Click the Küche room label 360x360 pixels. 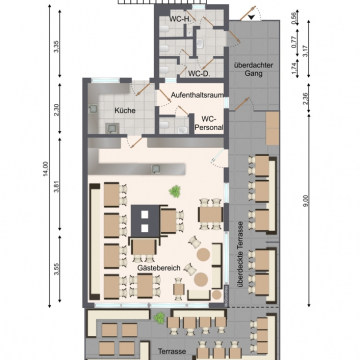click(x=125, y=111)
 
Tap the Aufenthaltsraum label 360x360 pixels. click(x=197, y=95)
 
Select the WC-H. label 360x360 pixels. click(x=180, y=19)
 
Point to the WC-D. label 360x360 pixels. click(x=199, y=74)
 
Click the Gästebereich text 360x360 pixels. click(x=159, y=268)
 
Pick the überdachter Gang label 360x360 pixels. click(x=253, y=69)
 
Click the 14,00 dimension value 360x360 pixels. click(x=46, y=169)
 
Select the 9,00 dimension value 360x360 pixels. click(x=306, y=201)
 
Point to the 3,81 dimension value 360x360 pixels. click(x=56, y=189)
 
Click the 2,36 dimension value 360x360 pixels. click(x=306, y=98)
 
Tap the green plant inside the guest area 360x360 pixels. click(x=174, y=192)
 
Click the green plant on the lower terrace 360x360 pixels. click(x=159, y=318)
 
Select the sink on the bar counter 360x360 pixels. click(x=155, y=169)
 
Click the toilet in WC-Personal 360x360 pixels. click(x=164, y=125)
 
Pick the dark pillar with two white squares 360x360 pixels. click(x=145, y=221)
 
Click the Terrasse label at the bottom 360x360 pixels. click(x=172, y=351)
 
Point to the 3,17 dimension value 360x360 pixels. click(x=306, y=49)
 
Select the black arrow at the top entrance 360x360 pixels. click(x=252, y=17)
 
